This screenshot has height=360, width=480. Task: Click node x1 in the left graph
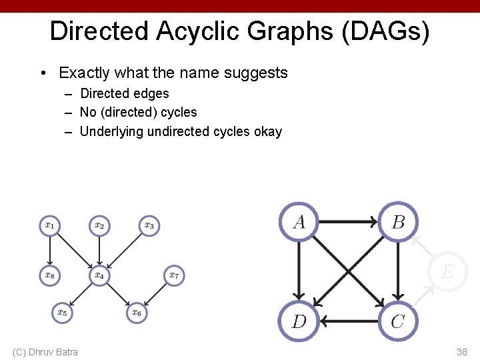click(x=49, y=225)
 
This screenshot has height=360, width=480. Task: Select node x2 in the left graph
click(x=99, y=225)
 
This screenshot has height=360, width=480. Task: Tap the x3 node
click(x=149, y=225)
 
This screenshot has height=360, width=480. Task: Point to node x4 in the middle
click(x=99, y=274)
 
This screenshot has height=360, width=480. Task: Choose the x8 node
click(x=49, y=274)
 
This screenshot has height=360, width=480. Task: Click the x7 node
click(x=173, y=274)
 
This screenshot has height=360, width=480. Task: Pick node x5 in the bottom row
click(x=62, y=311)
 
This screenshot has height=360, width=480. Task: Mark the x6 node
click(x=136, y=311)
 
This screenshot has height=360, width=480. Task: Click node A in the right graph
click(x=299, y=221)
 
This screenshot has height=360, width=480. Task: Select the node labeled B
click(x=398, y=221)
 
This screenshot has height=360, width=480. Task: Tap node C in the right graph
click(x=398, y=321)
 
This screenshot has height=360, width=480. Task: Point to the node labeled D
click(x=299, y=321)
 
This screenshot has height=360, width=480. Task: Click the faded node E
click(x=447, y=271)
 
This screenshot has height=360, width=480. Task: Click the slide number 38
click(x=461, y=351)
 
